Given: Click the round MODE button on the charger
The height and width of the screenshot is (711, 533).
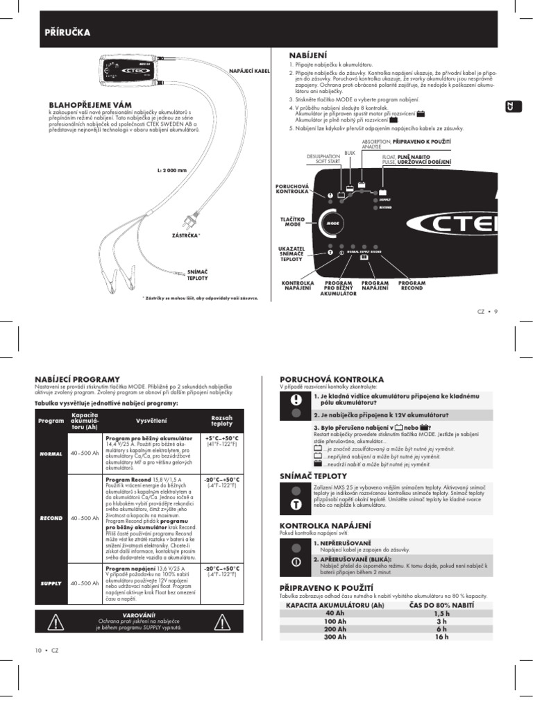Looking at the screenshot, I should [331, 224].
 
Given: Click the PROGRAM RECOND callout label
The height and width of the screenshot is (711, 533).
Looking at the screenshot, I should [412, 287].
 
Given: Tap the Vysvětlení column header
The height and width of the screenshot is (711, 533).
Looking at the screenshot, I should [146, 420].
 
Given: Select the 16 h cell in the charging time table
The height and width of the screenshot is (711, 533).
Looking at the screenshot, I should [442, 637].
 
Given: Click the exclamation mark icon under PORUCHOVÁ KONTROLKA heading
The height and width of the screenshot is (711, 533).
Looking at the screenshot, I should [296, 399].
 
